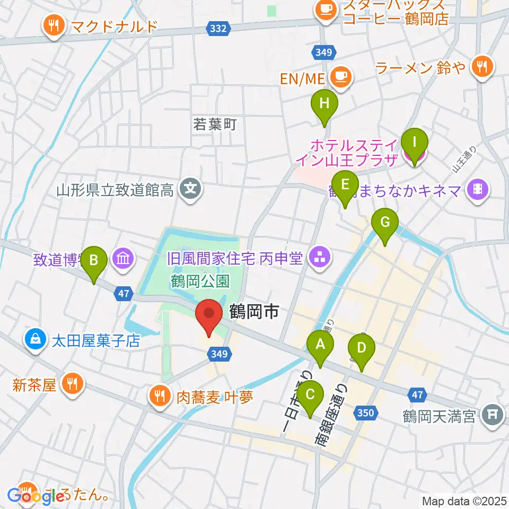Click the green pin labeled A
pos(320,347)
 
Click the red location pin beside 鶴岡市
pos(209,317)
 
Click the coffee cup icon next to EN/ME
pos(340,77)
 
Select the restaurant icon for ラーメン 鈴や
pos(482,67)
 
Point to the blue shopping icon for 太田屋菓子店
pos(35,340)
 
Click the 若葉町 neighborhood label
pos(215,125)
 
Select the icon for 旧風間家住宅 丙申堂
pos(320,258)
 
